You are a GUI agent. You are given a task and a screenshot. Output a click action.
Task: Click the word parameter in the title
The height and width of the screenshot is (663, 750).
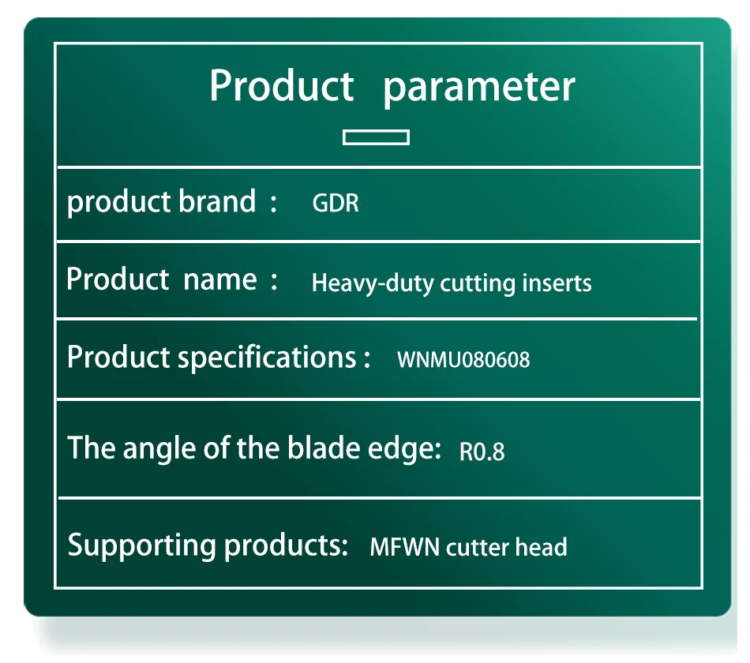(x=479, y=87)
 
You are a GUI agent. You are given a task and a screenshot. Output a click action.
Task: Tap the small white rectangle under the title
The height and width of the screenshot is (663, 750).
(x=376, y=137)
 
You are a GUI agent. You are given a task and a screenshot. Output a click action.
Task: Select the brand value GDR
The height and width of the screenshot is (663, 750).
(x=336, y=203)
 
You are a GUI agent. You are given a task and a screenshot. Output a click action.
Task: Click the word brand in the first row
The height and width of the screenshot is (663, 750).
(x=217, y=201)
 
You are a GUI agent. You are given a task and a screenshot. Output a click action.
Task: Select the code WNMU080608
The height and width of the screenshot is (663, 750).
(x=463, y=360)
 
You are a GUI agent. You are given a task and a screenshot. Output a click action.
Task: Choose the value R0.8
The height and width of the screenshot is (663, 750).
(x=482, y=451)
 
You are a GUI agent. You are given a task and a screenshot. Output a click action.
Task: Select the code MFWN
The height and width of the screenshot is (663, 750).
(x=405, y=547)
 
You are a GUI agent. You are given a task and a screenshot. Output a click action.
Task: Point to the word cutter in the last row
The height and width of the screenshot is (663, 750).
(x=478, y=547)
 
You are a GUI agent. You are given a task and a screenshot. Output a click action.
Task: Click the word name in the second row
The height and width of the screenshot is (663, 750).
(x=220, y=279)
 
